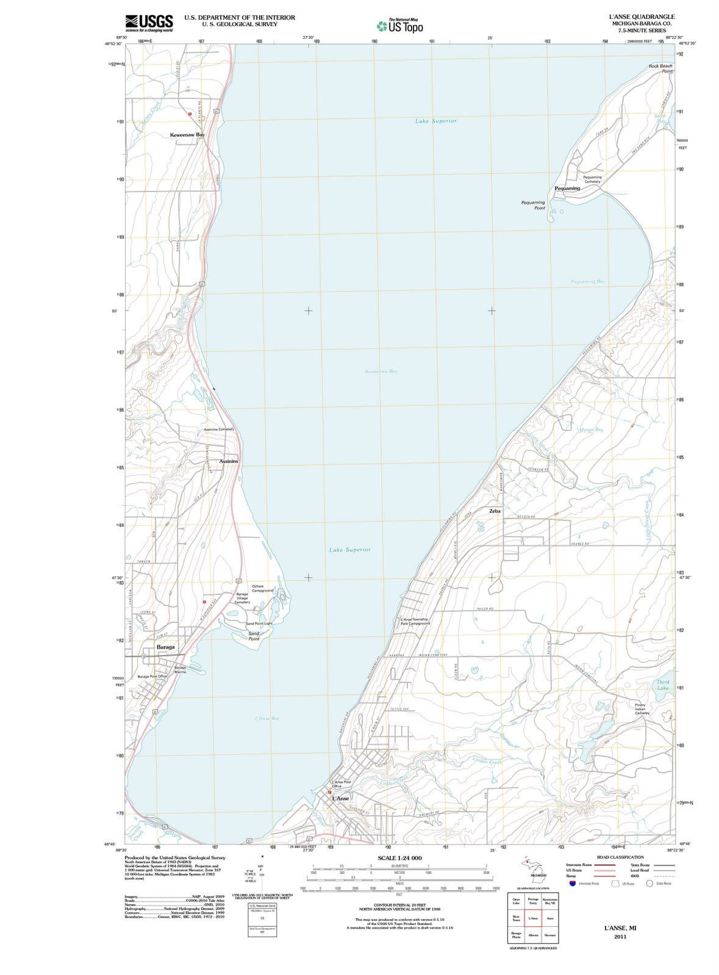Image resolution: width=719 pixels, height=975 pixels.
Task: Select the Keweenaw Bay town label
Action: (187, 134)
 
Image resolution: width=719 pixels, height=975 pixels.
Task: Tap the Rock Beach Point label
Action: (661, 68)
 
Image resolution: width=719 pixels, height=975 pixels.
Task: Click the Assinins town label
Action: (229, 461)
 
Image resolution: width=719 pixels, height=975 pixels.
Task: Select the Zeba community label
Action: (495, 511)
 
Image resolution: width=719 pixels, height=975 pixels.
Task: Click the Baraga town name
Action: (165, 647)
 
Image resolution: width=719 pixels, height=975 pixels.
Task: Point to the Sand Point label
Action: (254, 636)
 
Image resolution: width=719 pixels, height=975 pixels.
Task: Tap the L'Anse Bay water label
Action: (267, 718)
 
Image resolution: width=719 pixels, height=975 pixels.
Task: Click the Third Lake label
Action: (663, 685)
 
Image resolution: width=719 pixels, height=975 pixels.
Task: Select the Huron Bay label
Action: (591, 430)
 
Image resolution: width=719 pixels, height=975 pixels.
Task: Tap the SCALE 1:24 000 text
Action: (400, 858)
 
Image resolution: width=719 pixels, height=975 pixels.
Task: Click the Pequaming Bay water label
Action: (588, 282)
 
